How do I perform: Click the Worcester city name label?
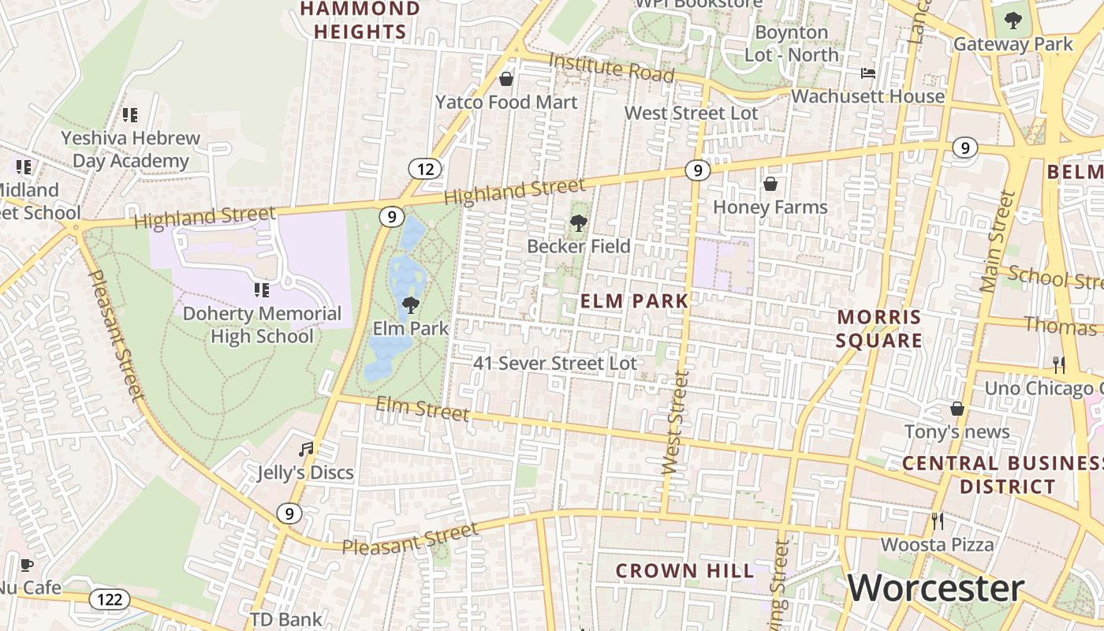coord(935,588)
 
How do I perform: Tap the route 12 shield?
coord(424,169)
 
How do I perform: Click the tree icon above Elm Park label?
coord(410,305)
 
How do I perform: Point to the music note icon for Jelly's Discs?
coord(306,450)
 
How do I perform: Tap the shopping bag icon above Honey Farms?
coord(770,185)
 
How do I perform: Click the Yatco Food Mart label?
coord(507,102)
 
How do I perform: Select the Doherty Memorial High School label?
coord(262,325)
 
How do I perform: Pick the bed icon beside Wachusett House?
coord(867,74)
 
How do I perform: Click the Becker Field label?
coord(579,246)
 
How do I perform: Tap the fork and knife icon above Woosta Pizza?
coord(937,521)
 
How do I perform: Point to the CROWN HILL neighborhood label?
coord(684,570)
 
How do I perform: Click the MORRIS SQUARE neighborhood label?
coord(879,329)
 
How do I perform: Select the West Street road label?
coord(676,422)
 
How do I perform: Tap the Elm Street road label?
coord(422,409)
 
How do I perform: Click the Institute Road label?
coord(611,68)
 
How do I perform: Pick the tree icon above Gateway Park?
coord(1013,21)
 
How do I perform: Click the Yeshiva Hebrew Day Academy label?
coord(131,149)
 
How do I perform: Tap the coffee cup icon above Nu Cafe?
coord(26,565)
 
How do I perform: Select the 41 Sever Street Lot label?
coord(554,364)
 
